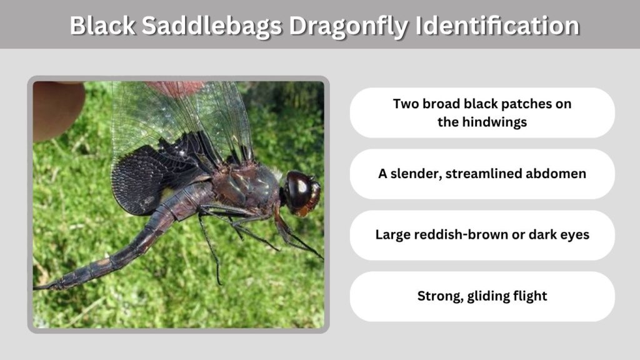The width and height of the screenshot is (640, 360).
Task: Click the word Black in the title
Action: pyautogui.click(x=102, y=25)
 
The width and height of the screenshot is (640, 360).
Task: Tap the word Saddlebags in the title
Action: pyautogui.click(x=212, y=26)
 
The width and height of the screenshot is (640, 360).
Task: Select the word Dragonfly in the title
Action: pyautogui.click(x=348, y=26)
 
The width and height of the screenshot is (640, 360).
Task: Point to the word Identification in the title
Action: pyautogui.click(x=497, y=25)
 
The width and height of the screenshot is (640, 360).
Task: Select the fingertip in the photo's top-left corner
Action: pyautogui.click(x=57, y=108)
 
